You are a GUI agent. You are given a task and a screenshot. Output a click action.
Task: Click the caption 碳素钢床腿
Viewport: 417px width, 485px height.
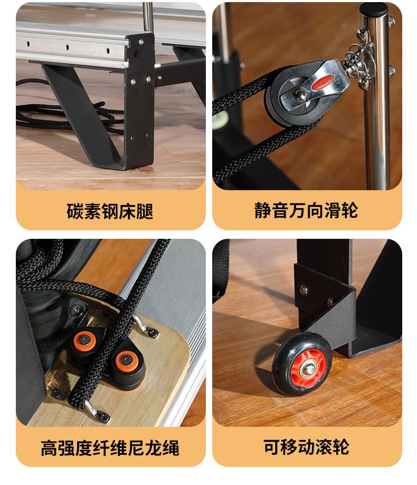click(110, 211)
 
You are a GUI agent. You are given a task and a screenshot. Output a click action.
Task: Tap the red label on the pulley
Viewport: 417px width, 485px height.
click(323, 82)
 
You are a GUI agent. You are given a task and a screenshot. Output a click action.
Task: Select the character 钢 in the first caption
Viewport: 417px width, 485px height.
click(110, 211)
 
